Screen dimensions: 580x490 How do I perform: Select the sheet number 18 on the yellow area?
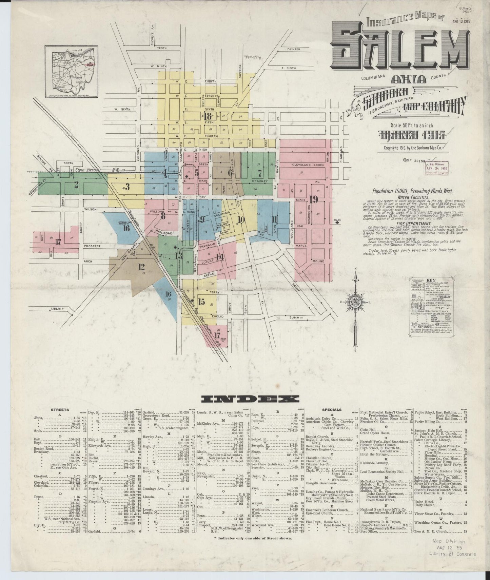pos(208,116)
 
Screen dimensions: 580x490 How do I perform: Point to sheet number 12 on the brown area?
pos(141,267)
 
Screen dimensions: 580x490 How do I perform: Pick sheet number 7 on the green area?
pos(260,173)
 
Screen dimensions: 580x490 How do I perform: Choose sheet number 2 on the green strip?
pos(76,185)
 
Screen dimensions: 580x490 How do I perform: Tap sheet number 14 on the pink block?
pos(220,257)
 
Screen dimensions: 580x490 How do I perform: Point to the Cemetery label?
pos(254,57)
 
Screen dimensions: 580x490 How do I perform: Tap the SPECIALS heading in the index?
pos(332,410)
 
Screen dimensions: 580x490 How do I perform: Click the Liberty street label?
pos(57,309)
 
